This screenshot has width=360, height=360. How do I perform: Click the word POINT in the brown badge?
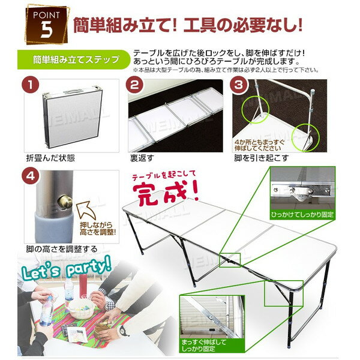click(46, 13)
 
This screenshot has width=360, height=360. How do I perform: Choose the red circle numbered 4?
click(28, 176)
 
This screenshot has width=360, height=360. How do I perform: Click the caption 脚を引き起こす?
click(262, 159)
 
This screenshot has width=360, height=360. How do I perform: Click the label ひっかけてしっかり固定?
click(302, 213)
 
